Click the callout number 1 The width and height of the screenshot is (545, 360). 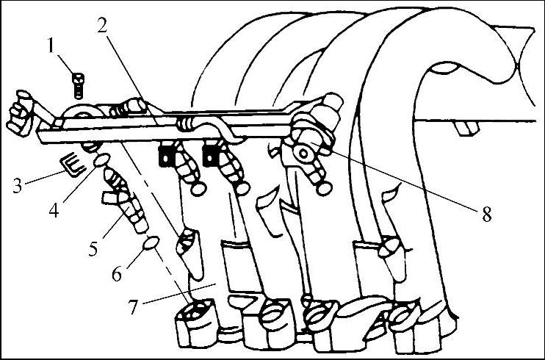tap(51, 46)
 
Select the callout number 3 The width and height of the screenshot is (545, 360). tap(18, 185)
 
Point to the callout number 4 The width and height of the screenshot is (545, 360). tap(54, 209)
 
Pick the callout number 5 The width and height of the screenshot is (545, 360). tap(93, 248)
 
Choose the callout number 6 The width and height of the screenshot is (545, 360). tap(117, 274)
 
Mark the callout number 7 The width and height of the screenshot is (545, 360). tap(134, 306)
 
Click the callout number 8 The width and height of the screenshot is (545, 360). tap(486, 214)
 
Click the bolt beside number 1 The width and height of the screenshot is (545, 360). tap(78, 85)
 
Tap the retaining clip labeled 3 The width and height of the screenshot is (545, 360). tap(72, 164)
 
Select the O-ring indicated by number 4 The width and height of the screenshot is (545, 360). tap(101, 160)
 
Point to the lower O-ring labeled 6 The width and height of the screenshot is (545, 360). tap(151, 242)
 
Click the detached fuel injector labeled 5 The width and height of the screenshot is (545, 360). tap(125, 200)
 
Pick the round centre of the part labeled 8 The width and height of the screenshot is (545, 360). tap(303, 153)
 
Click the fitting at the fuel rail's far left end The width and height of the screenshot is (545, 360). tap(19, 114)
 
